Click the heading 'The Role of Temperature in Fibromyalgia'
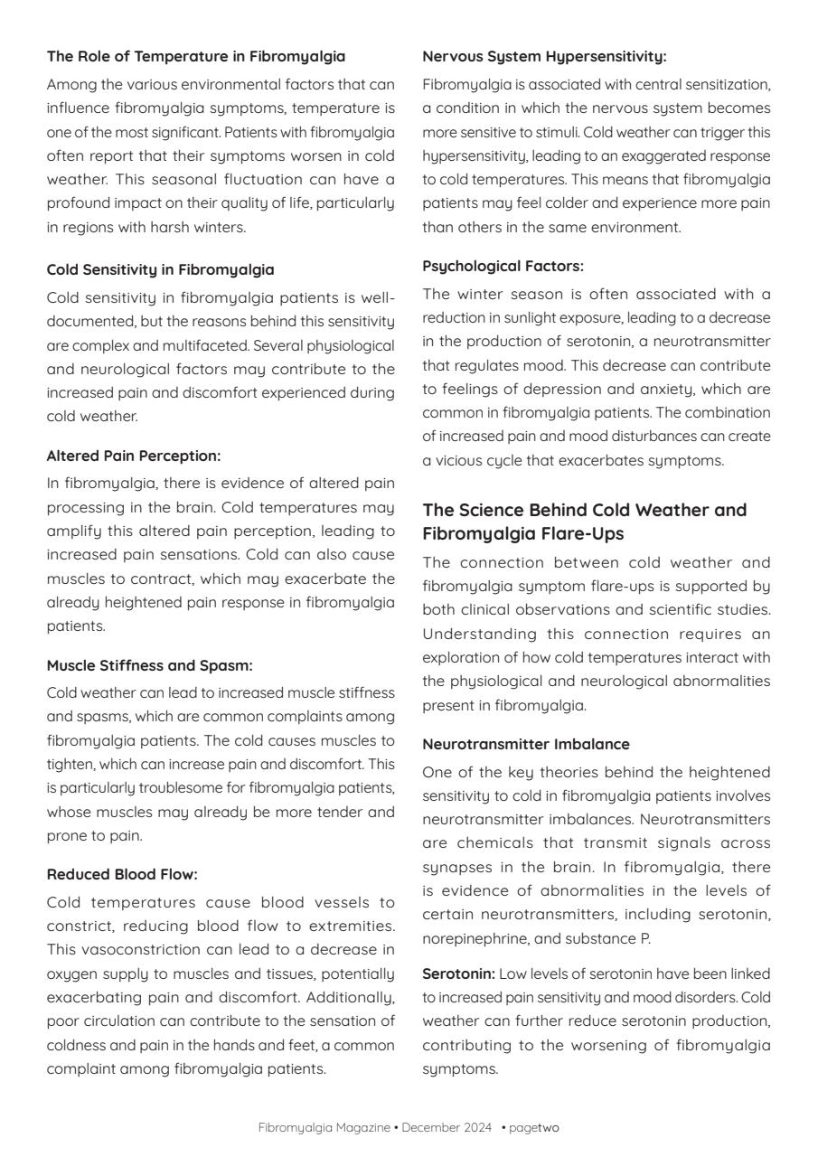pyautogui.click(x=196, y=57)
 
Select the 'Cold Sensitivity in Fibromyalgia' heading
pyautogui.click(x=160, y=269)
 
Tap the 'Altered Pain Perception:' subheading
pyautogui.click(x=134, y=456)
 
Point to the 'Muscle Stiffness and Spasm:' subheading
pyautogui.click(x=150, y=666)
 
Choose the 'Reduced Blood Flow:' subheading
pyautogui.click(x=122, y=874)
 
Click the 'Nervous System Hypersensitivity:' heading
pyautogui.click(x=544, y=57)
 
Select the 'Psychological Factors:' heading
pyautogui.click(x=503, y=266)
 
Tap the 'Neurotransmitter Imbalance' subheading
pyautogui.click(x=526, y=745)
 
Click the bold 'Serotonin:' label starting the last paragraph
pyautogui.click(x=458, y=974)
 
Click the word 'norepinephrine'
pyautogui.click(x=469, y=939)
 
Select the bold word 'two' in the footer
pyautogui.click(x=549, y=1128)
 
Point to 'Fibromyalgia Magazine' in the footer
pyautogui.click(x=324, y=1128)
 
